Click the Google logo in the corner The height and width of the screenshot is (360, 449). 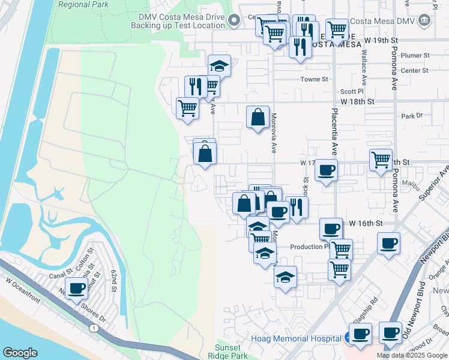point(20,353)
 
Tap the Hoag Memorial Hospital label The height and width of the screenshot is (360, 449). point(297,338)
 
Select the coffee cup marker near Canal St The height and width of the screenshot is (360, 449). point(77,288)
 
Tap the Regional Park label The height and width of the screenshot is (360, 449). point(85,4)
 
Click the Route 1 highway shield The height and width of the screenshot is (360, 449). point(94,328)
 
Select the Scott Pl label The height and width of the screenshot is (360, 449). point(349,92)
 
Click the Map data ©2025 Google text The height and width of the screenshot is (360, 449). point(412,355)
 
